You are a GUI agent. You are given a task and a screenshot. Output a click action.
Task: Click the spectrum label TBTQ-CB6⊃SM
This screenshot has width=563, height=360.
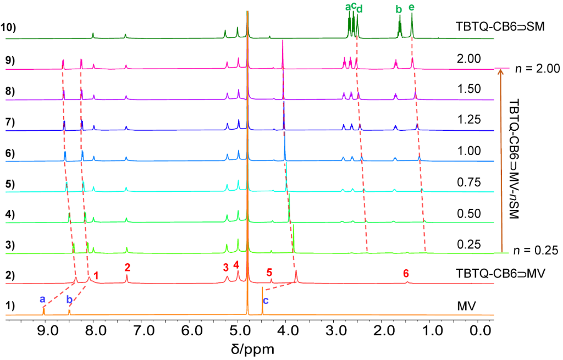499,26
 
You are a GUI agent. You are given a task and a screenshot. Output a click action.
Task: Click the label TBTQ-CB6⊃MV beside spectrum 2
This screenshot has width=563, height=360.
499,273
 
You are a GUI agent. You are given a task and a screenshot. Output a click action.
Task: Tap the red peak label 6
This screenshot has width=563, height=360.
406,273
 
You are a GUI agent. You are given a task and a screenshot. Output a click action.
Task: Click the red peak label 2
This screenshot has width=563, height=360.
127,268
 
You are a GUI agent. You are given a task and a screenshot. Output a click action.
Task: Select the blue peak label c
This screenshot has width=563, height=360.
266,300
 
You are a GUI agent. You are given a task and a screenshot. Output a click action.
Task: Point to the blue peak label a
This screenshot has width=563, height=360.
42,299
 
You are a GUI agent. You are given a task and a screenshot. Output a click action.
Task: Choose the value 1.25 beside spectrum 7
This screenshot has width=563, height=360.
469,120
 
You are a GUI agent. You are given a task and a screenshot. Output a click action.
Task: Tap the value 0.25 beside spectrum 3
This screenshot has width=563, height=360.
469,243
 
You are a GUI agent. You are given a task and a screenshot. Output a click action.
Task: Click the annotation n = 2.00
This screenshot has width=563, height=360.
537,69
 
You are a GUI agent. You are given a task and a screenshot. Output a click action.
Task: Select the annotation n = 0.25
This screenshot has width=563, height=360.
537,253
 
